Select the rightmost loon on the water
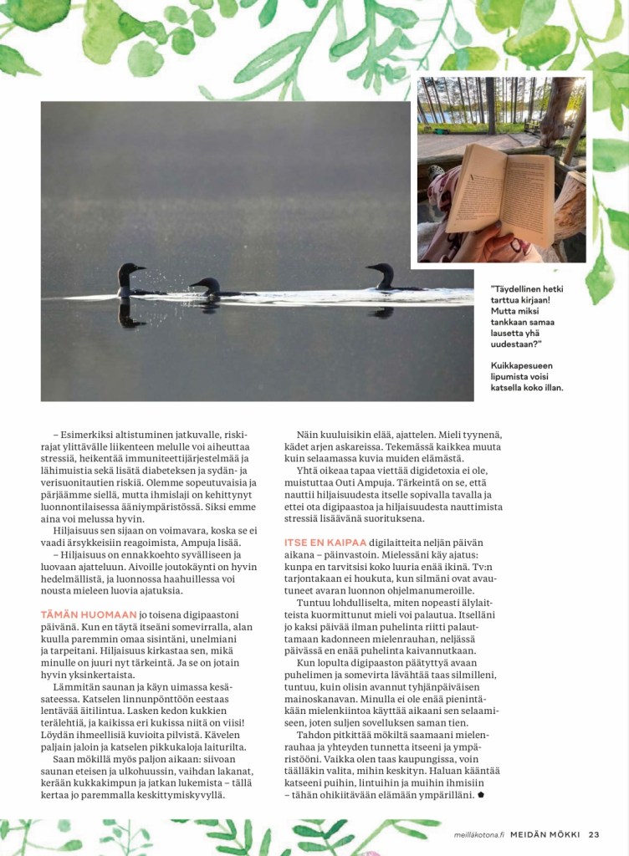tap(383, 277)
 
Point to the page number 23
tap(594, 833)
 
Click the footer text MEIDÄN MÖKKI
tap(547, 833)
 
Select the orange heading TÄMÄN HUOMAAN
tap(88, 614)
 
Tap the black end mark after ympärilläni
tap(481, 794)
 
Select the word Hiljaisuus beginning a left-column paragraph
tap(80, 531)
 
